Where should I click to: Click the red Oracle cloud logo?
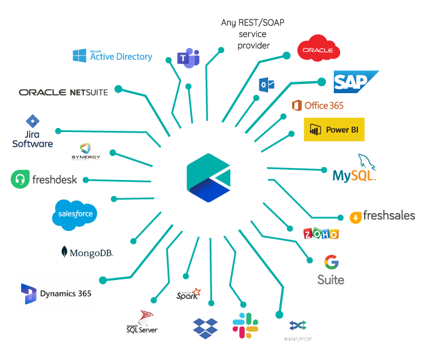pos(318,49)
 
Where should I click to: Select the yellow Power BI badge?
pos(334,130)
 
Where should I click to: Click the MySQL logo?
pos(355,170)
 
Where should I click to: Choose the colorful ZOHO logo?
pos(321,233)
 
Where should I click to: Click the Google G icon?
pos(331,262)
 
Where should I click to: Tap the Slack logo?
pos(245,325)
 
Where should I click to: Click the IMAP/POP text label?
pos(298,339)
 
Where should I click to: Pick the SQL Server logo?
pos(142,322)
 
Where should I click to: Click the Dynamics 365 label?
pos(65,294)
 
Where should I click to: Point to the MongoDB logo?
pos(87,252)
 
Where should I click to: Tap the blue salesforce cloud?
pos(75,214)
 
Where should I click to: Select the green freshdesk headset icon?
pos(20,179)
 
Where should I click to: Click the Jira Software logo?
pos(33,133)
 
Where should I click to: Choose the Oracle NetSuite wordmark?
pos(63,92)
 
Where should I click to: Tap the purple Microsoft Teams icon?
pos(188,58)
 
